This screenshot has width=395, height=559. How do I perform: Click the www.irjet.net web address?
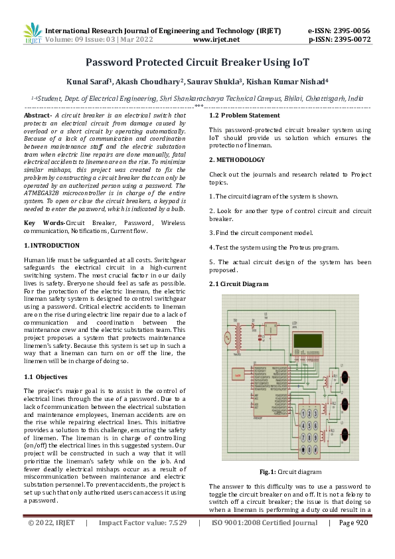pos(215,39)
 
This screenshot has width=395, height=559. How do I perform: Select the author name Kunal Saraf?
pos(90,82)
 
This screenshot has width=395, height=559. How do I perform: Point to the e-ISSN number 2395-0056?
pos(353,31)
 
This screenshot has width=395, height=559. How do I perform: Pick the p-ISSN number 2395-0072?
pos(353,39)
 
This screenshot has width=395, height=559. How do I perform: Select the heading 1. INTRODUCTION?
pos(51,246)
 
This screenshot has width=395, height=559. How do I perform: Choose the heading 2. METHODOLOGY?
pos(237,160)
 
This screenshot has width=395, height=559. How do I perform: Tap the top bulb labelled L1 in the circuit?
pos(345,376)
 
